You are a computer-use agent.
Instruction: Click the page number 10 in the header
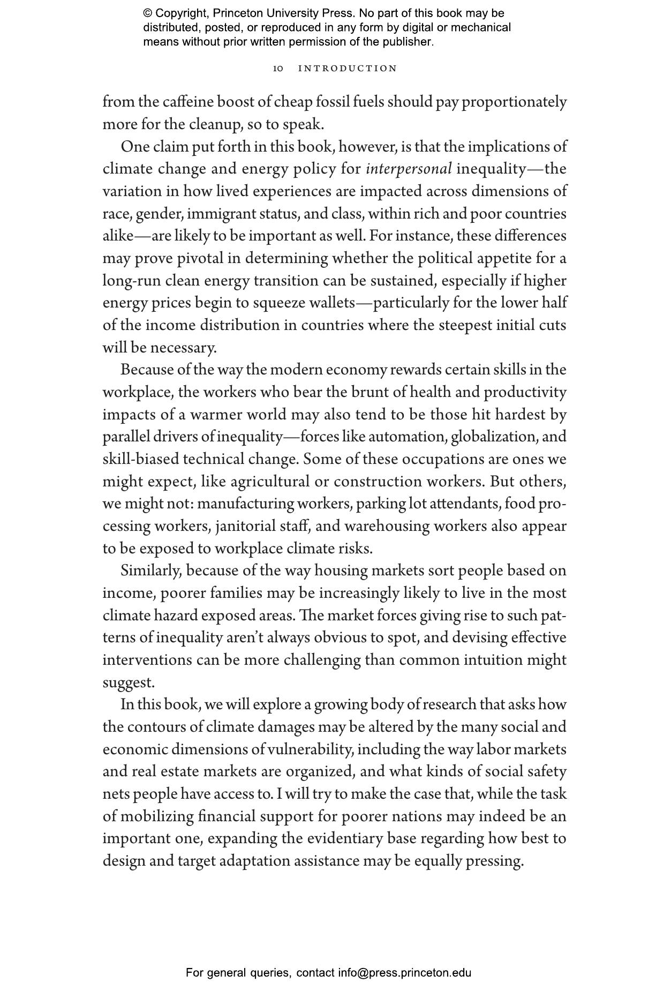(278, 69)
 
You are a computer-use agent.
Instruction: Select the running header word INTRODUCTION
(348, 69)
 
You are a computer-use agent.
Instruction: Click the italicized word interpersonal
(409, 169)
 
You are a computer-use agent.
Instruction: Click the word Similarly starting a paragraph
(150, 570)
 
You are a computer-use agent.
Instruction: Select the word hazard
(176, 615)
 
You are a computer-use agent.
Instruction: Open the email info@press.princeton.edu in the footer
(404, 973)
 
